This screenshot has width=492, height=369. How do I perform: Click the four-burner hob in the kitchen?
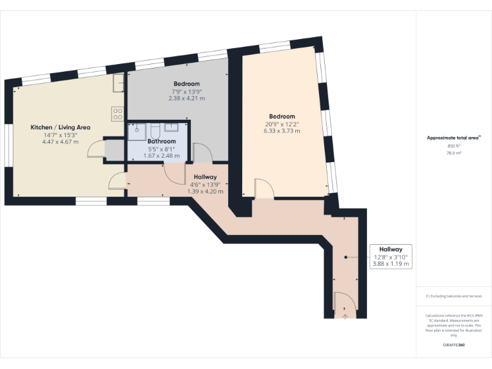(117, 114)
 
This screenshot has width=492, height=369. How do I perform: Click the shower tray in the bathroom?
(136, 131)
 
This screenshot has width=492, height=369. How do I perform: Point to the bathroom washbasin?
(173, 127)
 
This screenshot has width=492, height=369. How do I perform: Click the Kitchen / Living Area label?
(61, 127)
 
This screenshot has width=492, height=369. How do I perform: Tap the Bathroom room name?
(161, 141)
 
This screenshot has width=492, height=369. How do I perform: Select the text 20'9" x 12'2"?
(282, 124)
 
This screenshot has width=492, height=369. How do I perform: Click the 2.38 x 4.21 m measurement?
(186, 99)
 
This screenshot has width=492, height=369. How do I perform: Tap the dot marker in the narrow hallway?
(345, 258)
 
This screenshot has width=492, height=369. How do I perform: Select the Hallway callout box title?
(390, 249)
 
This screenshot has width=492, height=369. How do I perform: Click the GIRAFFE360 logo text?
(454, 345)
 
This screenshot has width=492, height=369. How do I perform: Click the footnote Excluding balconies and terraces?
(454, 297)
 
